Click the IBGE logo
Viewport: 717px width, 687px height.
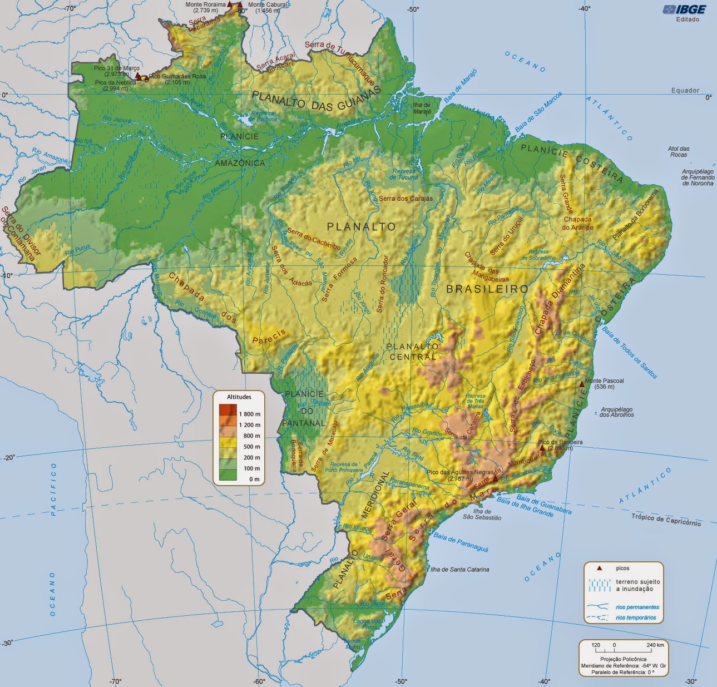[x=684, y=9]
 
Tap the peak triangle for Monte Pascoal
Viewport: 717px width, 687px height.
[x=582, y=384]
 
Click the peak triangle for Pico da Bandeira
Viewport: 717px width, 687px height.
[x=542, y=447]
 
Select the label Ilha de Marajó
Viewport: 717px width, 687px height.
[x=422, y=108]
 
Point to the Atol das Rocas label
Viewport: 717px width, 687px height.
[x=679, y=151]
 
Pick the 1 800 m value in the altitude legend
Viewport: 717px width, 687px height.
[x=249, y=414]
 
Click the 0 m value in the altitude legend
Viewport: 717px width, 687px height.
[x=254, y=479]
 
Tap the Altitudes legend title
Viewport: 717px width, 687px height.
[x=239, y=397]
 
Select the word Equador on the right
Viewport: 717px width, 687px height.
[x=685, y=90]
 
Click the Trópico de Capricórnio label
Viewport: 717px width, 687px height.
[x=666, y=520]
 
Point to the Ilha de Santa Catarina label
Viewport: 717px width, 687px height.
[x=459, y=569]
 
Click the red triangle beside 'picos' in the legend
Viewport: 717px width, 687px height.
[x=600, y=569]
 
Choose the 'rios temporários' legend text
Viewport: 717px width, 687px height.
[x=635, y=617]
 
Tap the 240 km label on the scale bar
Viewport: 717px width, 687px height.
[x=655, y=645]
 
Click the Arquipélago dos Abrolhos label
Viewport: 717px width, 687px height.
[x=617, y=412]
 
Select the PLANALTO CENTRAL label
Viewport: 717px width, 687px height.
[x=413, y=351]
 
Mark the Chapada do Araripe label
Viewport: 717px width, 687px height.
[x=577, y=223]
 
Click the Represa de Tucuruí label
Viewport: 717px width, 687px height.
[x=403, y=174]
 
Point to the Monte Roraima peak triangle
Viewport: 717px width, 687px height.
[x=229, y=4]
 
